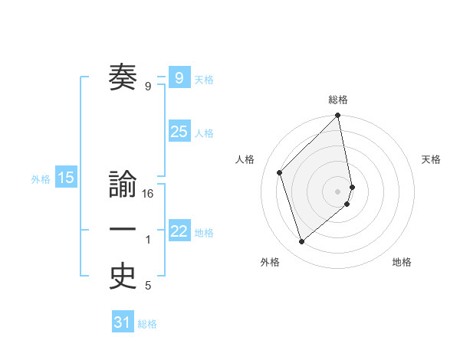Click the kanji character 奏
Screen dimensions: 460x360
[x=123, y=77]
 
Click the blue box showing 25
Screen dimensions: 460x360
[x=179, y=132]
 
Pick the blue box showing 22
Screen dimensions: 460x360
[x=179, y=231]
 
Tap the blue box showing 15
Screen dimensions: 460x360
[x=66, y=178]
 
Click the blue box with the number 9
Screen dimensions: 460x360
[x=179, y=77]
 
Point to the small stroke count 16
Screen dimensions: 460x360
[x=148, y=195]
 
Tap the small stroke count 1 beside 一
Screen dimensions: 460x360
[x=148, y=241]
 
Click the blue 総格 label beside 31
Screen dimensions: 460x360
[x=147, y=324]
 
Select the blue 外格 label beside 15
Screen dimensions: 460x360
[x=41, y=179]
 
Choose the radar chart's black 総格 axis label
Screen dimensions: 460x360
[x=338, y=100]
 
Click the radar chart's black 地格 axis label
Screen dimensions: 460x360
[x=402, y=263]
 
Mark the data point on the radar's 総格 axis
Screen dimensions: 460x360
[x=338, y=116]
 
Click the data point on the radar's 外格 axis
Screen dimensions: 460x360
[x=302, y=241]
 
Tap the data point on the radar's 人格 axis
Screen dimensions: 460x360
[x=280, y=172]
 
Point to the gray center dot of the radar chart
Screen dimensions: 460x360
[x=338, y=191]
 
